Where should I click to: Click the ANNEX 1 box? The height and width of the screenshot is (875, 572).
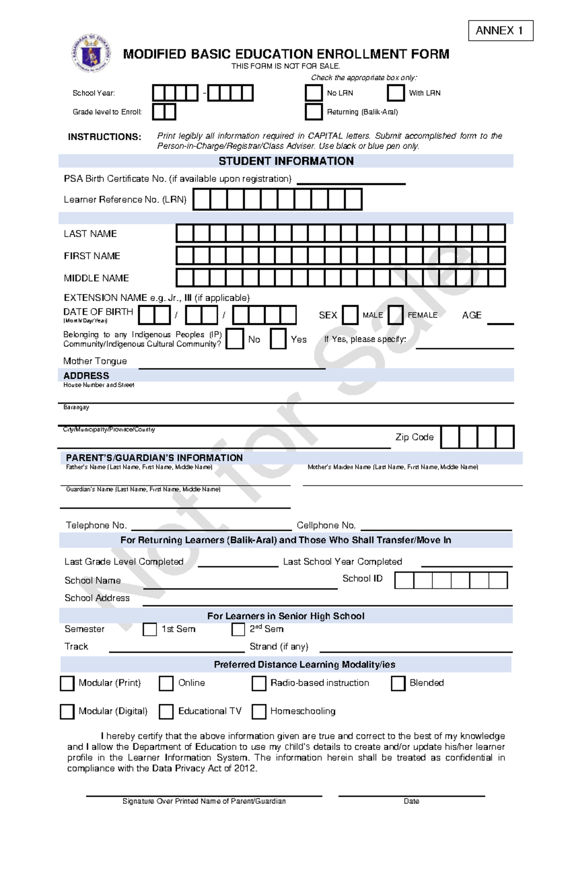click(x=500, y=31)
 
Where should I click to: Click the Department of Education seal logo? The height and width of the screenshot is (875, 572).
click(x=91, y=53)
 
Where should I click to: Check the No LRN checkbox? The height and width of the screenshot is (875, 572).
click(x=314, y=93)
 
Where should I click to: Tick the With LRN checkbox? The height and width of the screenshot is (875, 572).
click(x=396, y=93)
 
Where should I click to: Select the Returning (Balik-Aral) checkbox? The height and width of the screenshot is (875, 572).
click(x=314, y=112)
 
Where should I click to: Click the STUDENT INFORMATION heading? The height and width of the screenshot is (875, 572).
click(x=286, y=161)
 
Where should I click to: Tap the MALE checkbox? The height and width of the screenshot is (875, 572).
click(x=350, y=315)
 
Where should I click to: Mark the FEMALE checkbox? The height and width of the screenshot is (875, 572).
click(x=396, y=315)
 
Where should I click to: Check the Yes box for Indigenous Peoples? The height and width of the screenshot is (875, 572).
click(x=278, y=339)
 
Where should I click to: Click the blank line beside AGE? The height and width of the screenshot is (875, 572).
click(x=500, y=321)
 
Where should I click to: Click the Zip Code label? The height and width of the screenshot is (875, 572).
click(x=414, y=437)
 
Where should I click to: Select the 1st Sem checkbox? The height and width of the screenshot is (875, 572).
click(x=150, y=629)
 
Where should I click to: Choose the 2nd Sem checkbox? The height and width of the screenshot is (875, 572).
click(x=238, y=629)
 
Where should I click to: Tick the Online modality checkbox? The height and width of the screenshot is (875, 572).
click(x=166, y=683)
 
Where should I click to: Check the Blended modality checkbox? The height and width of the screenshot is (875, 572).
click(x=398, y=683)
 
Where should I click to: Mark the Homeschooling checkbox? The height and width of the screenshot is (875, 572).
click(x=259, y=711)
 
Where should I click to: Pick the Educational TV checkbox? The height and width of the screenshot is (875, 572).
click(x=166, y=711)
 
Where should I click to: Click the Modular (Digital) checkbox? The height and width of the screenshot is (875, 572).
click(x=67, y=711)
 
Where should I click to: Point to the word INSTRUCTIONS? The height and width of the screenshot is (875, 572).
click(x=104, y=137)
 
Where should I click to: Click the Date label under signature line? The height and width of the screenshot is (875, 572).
click(x=411, y=801)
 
